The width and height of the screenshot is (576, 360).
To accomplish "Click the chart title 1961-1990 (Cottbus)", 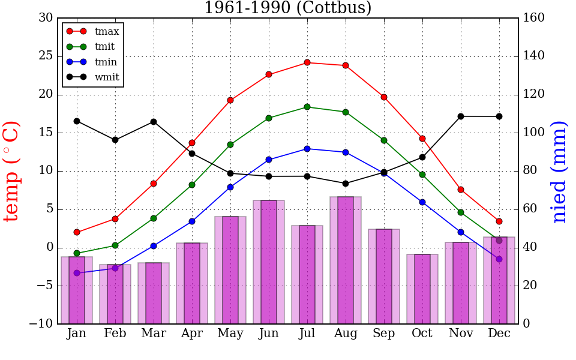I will tap(288, 8).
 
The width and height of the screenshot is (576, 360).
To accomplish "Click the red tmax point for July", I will tap(307, 62).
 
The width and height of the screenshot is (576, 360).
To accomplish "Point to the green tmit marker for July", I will tap(307, 107).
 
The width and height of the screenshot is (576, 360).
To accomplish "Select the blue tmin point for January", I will tap(77, 273).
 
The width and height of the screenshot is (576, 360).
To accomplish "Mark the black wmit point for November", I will tap(461, 116).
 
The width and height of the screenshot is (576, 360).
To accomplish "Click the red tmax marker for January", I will tap(77, 232).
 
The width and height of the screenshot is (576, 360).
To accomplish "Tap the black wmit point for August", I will tap(346, 184).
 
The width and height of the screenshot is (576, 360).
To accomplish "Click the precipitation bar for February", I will tap(115, 295).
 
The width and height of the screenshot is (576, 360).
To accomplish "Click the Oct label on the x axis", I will tap(422, 334).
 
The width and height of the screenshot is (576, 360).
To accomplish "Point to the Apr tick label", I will tap(192, 334).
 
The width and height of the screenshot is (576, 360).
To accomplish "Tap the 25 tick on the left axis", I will tap(46, 56).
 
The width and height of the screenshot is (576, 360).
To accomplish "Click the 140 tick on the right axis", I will tap(533, 56).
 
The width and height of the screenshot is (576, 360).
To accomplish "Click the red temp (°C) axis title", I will tap(12, 171).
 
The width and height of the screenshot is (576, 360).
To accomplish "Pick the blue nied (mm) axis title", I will tap(559, 171).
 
